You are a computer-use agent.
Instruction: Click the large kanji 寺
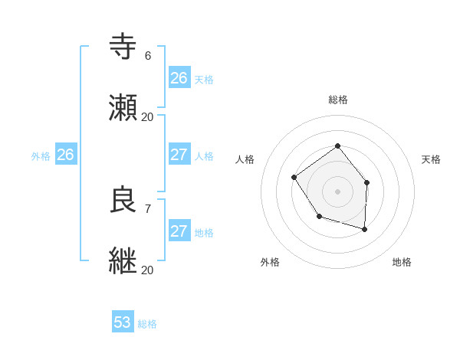click(x=123, y=47)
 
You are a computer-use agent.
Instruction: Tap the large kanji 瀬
click(x=123, y=108)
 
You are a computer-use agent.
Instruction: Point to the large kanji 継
click(x=123, y=261)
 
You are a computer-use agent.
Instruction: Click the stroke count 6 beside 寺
click(x=148, y=55)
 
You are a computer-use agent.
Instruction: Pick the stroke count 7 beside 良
click(x=148, y=208)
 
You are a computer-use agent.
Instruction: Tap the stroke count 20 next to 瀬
click(x=147, y=116)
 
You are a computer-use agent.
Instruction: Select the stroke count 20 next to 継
click(x=147, y=270)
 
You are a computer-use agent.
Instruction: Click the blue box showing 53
click(x=123, y=322)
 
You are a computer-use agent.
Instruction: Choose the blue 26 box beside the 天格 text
click(x=179, y=78)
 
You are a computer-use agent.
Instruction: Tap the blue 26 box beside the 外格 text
click(x=65, y=155)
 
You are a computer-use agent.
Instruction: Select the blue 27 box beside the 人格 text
click(x=179, y=155)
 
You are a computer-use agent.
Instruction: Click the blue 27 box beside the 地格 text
click(x=179, y=231)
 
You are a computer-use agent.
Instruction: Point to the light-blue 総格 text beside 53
click(x=147, y=324)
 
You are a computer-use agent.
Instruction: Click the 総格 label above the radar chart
click(x=337, y=100)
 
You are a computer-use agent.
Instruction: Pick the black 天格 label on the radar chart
click(x=431, y=159)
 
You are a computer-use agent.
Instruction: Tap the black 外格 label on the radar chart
click(x=270, y=262)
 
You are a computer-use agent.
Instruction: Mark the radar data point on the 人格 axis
click(x=294, y=178)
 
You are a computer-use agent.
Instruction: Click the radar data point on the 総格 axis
click(x=337, y=146)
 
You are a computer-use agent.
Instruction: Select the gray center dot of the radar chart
click(x=337, y=191)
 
